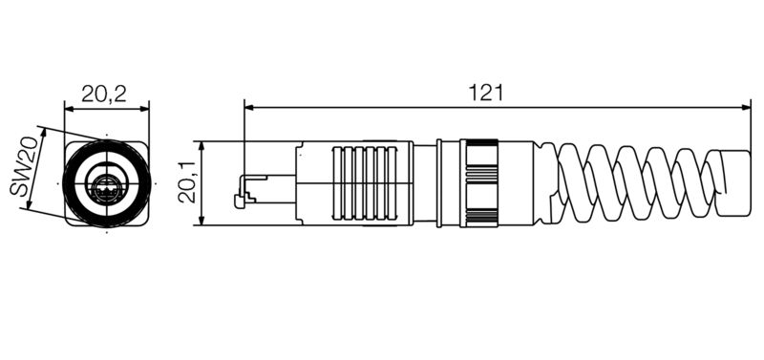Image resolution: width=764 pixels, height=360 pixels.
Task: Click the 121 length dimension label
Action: pos(487,93)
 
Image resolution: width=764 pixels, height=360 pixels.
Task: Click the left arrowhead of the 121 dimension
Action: pos(248,107)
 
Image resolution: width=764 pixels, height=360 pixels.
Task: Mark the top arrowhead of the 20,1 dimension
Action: pos(202,145)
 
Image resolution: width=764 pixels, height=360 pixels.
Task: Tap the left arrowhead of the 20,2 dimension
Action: pos(68,107)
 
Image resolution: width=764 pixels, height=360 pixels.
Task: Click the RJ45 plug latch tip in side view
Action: pos(239,201)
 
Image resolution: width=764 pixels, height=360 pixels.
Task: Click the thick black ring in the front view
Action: pos(79,183)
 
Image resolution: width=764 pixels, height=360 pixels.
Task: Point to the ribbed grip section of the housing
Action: pos(363,182)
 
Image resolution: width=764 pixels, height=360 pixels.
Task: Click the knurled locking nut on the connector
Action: pos(479,182)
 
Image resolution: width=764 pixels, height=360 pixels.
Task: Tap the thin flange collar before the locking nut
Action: pos(438,182)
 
